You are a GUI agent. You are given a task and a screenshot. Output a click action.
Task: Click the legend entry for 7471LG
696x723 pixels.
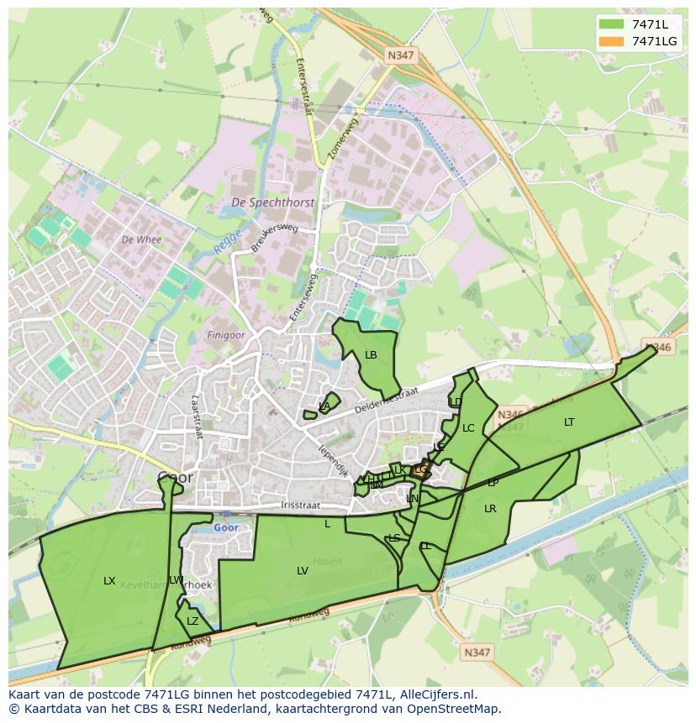[654, 41]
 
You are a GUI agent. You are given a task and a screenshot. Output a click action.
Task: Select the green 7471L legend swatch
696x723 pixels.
[611, 24]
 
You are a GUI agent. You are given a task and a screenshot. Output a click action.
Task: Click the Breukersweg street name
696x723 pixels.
[274, 238]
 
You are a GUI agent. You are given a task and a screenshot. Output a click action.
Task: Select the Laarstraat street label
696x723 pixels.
[198, 417]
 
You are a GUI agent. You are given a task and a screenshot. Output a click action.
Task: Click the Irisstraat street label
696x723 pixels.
[300, 506]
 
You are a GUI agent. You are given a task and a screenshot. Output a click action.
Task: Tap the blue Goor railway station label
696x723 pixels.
[225, 527]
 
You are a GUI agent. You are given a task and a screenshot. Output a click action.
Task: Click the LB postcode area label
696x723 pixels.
[371, 355]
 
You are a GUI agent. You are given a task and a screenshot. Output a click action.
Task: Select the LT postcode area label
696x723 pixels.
[569, 422]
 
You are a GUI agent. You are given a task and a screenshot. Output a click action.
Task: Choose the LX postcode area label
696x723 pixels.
[109, 580]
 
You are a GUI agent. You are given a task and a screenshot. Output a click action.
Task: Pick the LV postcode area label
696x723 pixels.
[303, 571]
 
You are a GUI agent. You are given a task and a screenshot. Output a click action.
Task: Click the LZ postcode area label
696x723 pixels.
[192, 621]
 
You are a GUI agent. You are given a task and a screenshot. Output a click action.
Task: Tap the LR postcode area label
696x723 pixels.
[490, 509]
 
